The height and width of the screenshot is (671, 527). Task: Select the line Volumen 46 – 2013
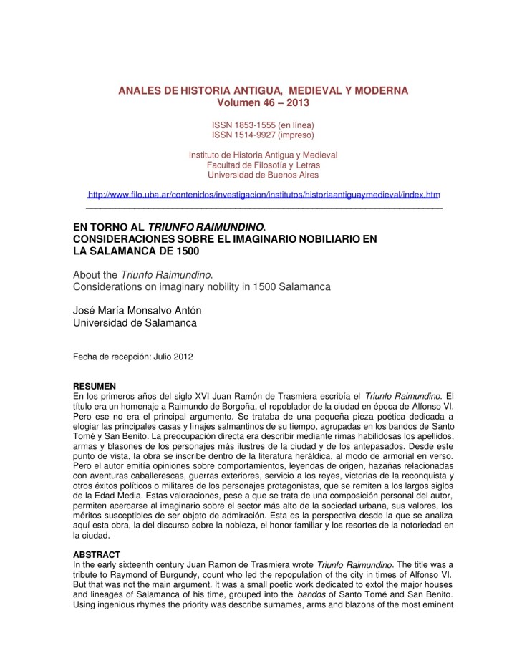pyautogui.click(x=263, y=103)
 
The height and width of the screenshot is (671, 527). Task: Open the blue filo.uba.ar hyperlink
pyautogui.click(x=263, y=194)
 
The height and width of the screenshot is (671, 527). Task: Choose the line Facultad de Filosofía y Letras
pyautogui.click(x=263, y=164)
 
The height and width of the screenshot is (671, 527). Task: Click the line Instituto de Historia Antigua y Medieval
pyautogui.click(x=263, y=154)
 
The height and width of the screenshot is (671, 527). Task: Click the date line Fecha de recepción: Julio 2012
pyautogui.click(x=133, y=356)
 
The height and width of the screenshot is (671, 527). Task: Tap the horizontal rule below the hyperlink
pyautogui.click(x=263, y=208)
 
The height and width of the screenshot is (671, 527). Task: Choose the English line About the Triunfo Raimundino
pyautogui.click(x=130, y=274)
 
